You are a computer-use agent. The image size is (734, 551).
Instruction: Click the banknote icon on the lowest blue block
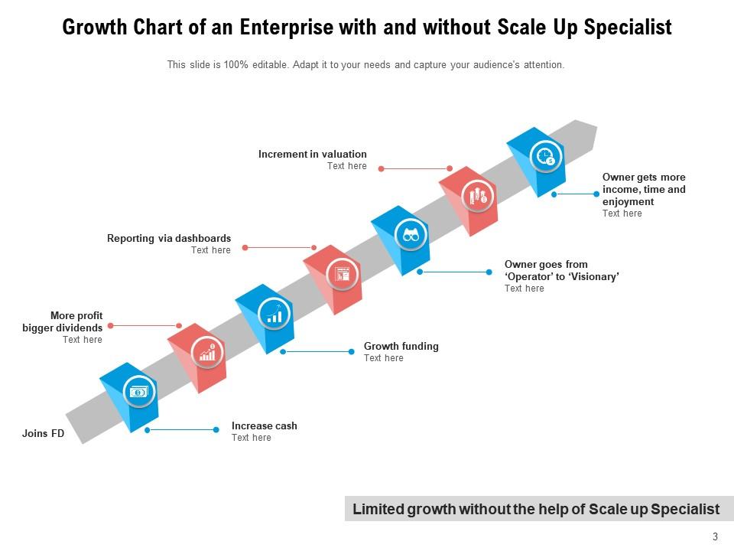coord(138,392)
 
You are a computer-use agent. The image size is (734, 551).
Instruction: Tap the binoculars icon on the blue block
coord(411,235)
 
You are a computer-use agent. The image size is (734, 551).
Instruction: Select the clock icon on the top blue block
coord(545,157)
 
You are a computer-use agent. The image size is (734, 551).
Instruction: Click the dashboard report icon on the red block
coord(343,274)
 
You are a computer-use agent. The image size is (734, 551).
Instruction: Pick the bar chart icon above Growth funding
coord(274,314)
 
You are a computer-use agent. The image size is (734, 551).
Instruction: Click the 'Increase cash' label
coord(265,425)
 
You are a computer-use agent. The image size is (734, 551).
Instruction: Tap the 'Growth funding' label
coord(401,346)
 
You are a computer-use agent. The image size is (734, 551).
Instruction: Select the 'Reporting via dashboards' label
coord(169,238)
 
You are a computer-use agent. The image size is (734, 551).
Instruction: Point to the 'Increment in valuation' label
coord(312,154)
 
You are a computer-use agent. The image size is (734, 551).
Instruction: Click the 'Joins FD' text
coord(43,434)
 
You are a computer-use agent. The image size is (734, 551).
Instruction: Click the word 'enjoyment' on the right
coord(628,201)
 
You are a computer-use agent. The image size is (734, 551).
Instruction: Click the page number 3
coord(715,536)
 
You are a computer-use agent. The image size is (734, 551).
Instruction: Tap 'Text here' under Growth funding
coord(383,358)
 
